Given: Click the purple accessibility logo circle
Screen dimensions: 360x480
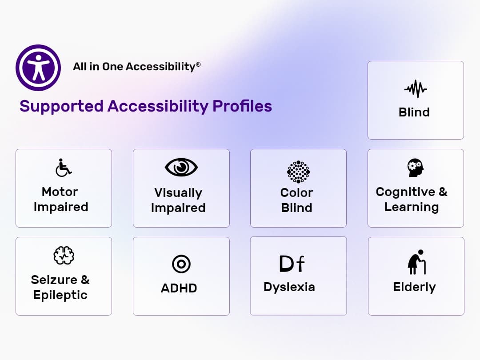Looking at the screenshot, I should point(38,68).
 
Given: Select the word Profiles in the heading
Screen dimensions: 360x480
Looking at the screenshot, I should point(242,106).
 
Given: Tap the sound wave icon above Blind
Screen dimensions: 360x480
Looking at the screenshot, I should point(416,89).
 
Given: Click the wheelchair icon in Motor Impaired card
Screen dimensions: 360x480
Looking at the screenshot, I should point(64,168).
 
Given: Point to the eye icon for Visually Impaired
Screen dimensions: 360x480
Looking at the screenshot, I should point(181,167).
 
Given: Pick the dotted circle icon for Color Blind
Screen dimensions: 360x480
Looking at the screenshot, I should point(298,172).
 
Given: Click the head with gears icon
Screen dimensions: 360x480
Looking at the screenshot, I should point(416,168).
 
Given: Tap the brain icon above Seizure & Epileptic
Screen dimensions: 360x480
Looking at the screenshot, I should point(64,256).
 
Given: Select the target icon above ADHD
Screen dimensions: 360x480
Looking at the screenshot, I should point(181,264).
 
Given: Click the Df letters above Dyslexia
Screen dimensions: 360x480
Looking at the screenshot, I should point(292,264).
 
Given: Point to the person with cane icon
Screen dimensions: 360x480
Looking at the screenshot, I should point(416,262).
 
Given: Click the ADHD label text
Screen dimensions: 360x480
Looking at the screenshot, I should point(179,288).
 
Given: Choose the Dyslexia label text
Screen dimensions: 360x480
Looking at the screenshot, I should point(289,287).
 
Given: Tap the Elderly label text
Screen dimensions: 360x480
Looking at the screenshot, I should point(414,287).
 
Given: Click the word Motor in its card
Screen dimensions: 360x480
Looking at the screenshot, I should point(60,192).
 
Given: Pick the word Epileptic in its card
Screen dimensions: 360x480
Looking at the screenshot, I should point(60,295).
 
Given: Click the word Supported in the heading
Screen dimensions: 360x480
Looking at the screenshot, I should point(61,106).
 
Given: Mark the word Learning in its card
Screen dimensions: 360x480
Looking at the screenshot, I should point(411,207).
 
